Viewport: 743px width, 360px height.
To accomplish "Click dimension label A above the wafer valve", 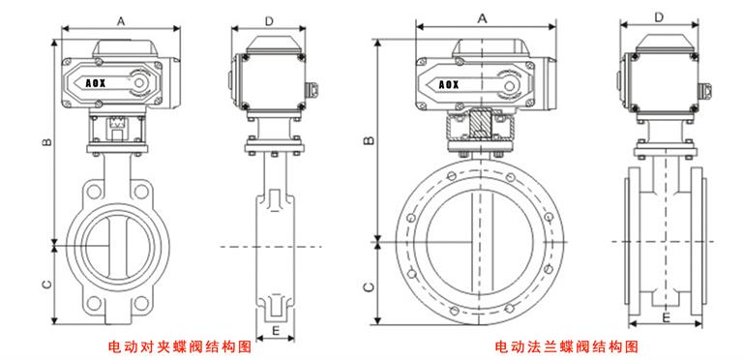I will tap(120, 20).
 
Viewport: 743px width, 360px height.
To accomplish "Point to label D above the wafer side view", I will tap(269, 20).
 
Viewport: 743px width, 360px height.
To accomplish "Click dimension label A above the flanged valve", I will tap(481, 18).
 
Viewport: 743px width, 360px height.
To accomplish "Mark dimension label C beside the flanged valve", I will tap(367, 286).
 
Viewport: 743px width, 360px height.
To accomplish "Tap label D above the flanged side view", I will tap(659, 16).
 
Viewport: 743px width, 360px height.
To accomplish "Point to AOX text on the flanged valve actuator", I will tap(449, 84).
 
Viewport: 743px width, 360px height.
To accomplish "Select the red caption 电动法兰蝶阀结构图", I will tap(566, 346).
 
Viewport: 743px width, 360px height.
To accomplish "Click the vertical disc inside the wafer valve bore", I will tap(112, 243).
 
